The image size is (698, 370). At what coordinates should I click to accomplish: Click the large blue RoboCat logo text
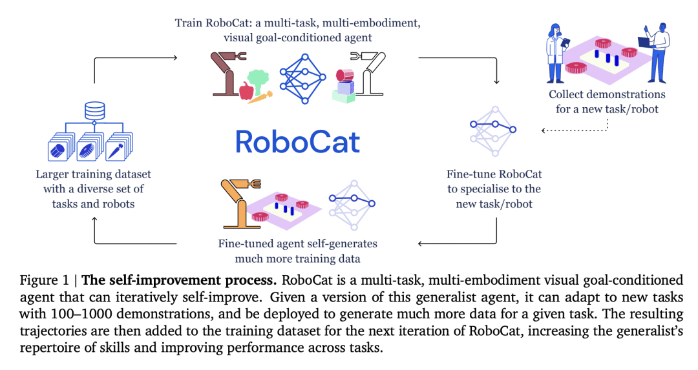[297, 141]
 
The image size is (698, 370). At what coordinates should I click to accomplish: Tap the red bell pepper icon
[246, 91]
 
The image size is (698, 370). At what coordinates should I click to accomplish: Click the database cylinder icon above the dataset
[95, 109]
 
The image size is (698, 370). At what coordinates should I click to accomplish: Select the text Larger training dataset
[94, 175]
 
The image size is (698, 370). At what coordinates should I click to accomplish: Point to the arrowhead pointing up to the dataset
[95, 220]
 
